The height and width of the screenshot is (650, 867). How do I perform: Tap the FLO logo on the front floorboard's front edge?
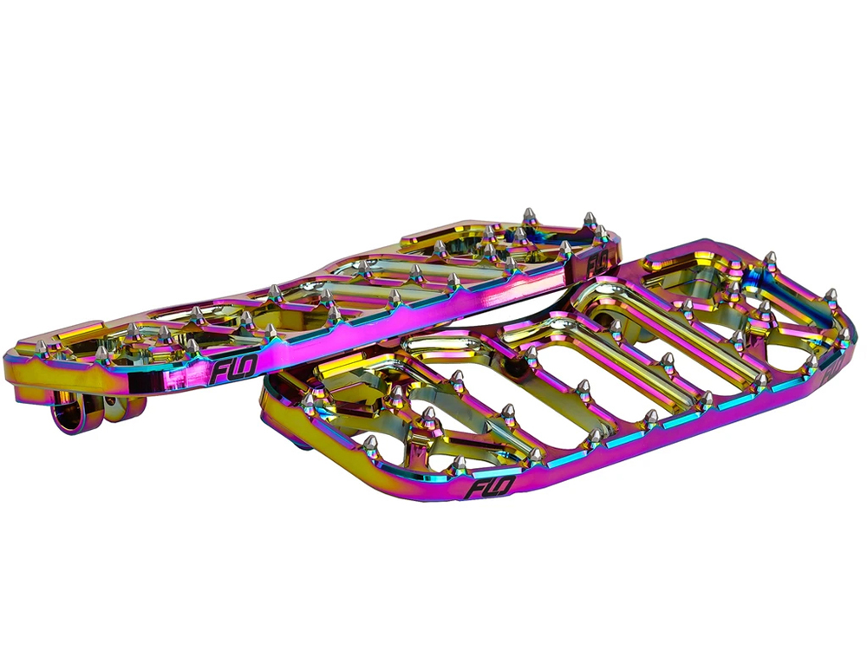[491, 489]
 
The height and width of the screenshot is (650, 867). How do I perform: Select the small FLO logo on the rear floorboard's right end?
[597, 261]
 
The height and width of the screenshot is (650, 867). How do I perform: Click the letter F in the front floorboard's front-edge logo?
[476, 489]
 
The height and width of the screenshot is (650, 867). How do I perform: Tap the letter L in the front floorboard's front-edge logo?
[490, 489]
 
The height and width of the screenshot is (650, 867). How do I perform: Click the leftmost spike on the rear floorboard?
[41, 349]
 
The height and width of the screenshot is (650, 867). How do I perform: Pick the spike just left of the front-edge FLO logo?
[459, 465]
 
